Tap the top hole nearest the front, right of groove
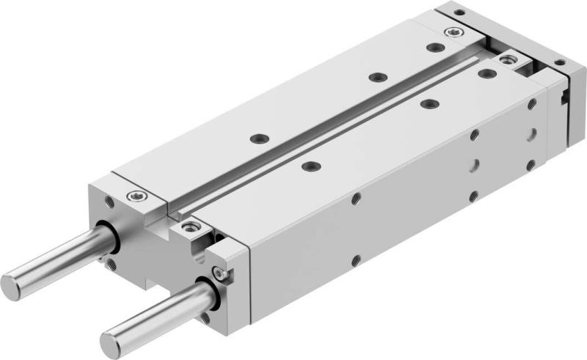[310, 166]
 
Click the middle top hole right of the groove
[427, 104]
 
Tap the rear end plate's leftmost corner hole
[459, 12]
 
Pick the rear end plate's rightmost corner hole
[559, 63]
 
